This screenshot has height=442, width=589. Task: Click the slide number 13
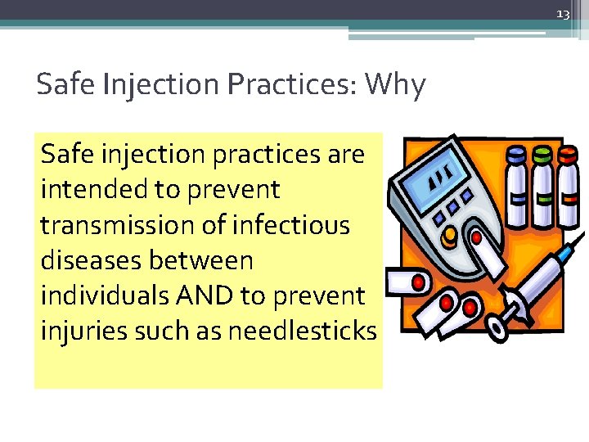(x=562, y=15)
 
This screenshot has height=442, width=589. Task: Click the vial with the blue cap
(x=516, y=184)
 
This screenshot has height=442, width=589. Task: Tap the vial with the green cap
(x=540, y=184)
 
